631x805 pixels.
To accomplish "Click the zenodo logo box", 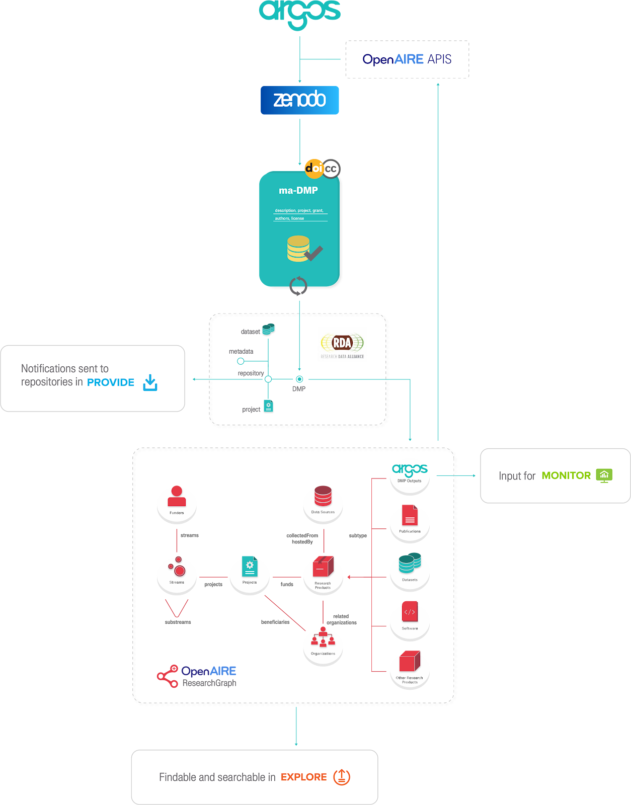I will tap(300, 100).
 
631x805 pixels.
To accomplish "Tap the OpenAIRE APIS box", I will tap(407, 59).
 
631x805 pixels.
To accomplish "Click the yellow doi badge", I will tap(314, 169).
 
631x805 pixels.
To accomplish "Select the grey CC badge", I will tap(331, 169).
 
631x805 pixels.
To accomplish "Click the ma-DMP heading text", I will tap(298, 191).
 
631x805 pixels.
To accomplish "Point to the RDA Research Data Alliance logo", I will tap(342, 344).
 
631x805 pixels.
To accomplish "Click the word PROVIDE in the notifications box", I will tap(111, 382).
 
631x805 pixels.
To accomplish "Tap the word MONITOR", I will tap(566, 475).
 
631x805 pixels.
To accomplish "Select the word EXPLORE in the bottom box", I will tap(304, 777).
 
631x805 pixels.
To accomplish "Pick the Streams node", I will tap(177, 575).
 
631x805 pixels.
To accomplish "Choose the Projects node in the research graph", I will tap(250, 575).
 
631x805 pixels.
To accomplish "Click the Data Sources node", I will tap(323, 503).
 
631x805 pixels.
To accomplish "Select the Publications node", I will tap(410, 523).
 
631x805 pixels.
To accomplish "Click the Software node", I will tap(410, 621).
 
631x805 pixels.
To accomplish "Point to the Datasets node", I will tap(410, 572).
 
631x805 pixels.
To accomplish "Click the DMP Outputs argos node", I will tap(410, 475).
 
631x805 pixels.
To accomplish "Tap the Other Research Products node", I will tap(410, 670).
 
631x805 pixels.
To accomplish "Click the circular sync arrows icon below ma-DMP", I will tap(298, 286).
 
